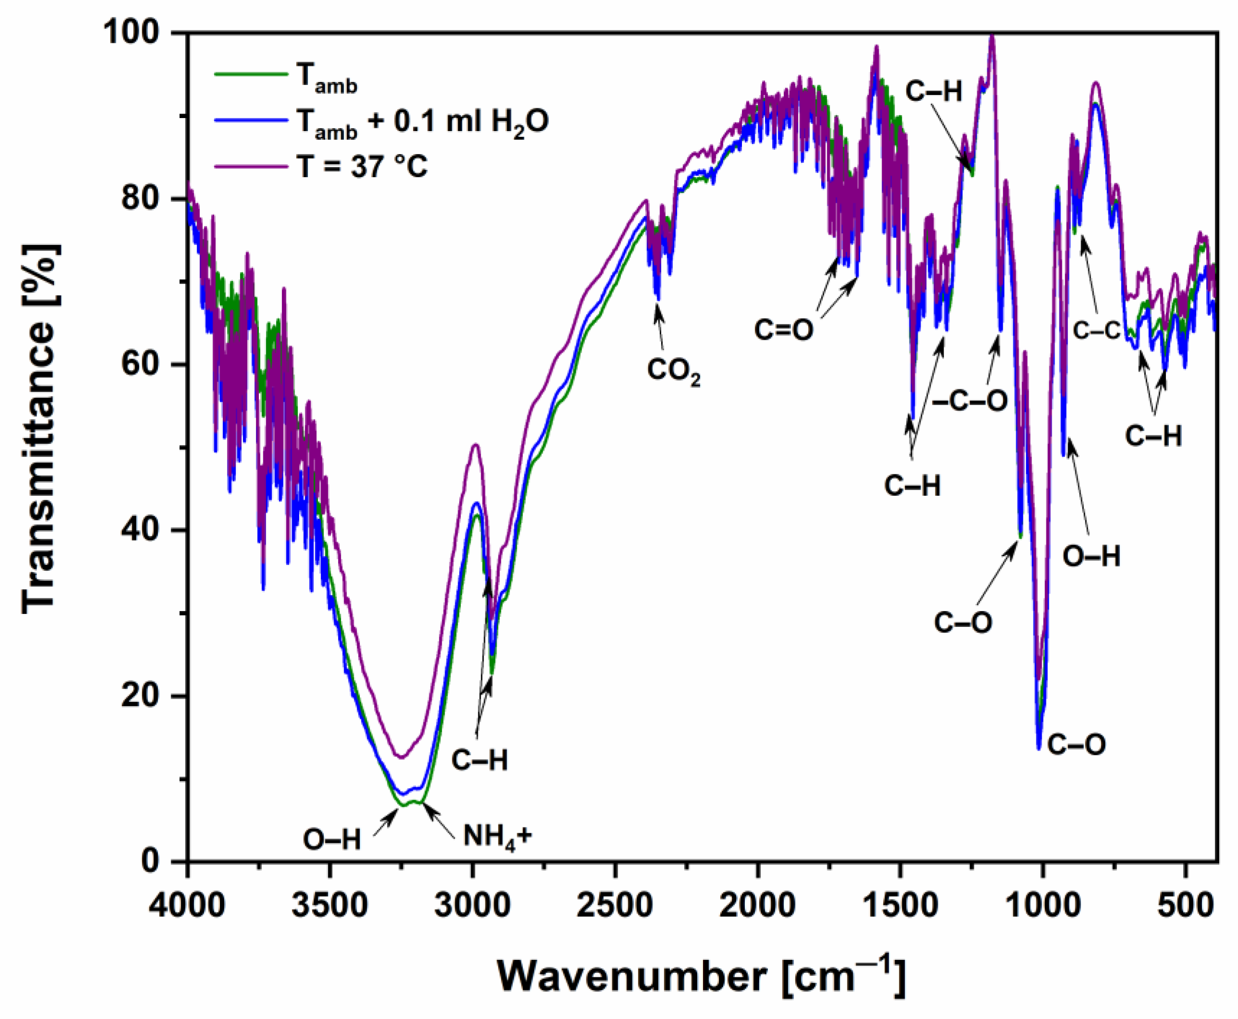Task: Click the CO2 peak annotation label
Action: tap(673, 372)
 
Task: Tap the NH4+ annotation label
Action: tap(497, 836)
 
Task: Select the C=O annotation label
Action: tap(783, 330)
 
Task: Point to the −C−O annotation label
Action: tap(970, 401)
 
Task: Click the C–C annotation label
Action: tap(1096, 331)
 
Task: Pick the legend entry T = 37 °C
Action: tap(361, 166)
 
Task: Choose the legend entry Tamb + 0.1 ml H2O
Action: tap(422, 122)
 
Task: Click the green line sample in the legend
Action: tap(251, 74)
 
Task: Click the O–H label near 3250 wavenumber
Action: tap(331, 840)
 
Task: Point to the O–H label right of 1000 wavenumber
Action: tap(1091, 556)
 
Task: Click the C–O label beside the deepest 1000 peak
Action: tap(1077, 745)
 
